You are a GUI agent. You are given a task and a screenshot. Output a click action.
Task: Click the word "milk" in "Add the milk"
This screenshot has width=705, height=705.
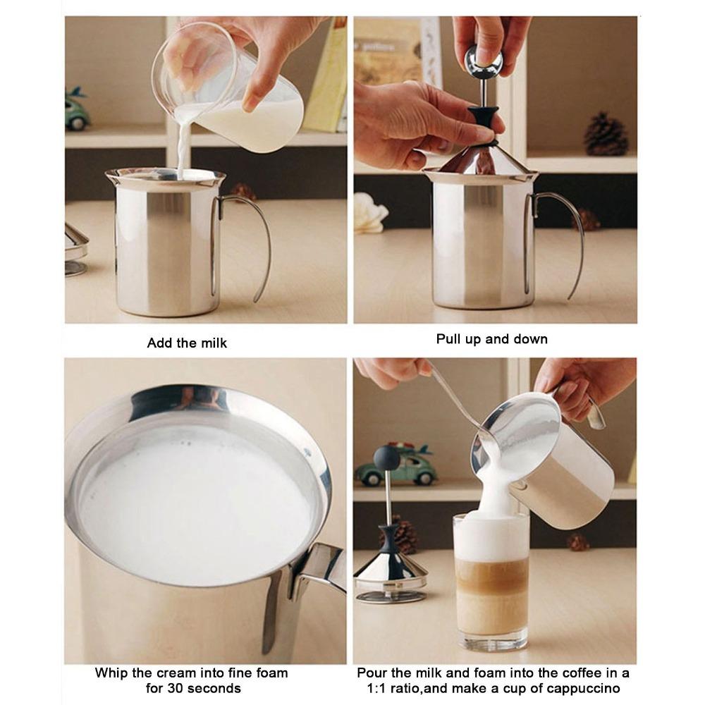[x=213, y=343]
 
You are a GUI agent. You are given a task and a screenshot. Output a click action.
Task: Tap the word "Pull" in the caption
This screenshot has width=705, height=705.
[x=449, y=339]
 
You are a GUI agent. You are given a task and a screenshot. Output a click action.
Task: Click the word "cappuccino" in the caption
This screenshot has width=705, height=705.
[x=588, y=688]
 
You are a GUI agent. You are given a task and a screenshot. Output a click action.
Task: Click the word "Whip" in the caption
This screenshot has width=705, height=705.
[x=111, y=673]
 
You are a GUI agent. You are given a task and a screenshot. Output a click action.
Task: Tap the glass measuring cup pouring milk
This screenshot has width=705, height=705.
[x=233, y=92]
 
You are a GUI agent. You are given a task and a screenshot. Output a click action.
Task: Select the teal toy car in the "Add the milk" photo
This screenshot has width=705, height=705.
[x=76, y=109]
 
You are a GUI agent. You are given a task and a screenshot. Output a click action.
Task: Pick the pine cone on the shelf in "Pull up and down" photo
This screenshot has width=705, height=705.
[x=605, y=134]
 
